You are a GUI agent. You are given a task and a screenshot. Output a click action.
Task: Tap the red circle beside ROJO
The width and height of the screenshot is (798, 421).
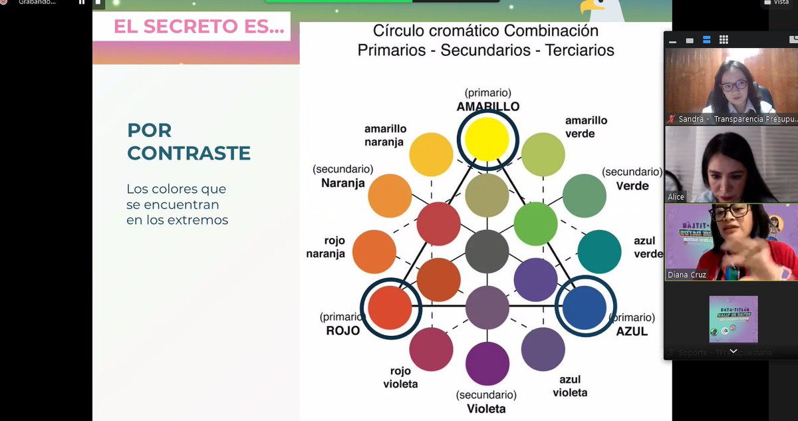point(390,307)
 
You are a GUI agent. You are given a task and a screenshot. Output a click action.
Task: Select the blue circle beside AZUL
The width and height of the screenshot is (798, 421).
point(585,307)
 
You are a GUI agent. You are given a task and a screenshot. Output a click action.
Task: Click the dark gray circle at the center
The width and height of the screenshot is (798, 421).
point(487,251)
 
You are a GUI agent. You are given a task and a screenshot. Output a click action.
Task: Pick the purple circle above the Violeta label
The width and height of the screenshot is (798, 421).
point(487,363)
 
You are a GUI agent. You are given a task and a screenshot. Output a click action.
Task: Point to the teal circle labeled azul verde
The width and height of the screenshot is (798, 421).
point(599,251)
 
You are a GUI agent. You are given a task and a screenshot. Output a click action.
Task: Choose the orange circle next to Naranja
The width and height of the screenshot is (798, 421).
point(390,196)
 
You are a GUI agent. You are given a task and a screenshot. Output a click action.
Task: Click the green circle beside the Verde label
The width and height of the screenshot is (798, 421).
point(585,196)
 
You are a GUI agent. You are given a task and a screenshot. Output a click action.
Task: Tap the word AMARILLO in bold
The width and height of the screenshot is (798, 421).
point(487,106)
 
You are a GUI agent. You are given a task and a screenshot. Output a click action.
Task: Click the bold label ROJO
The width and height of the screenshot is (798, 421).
point(343,331)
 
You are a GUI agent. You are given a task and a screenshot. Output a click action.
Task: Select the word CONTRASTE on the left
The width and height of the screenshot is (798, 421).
point(189,153)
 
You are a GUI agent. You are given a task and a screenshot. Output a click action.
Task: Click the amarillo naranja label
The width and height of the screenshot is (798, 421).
point(385,135)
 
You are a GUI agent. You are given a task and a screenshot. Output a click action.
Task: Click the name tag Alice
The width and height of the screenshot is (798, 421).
point(676,197)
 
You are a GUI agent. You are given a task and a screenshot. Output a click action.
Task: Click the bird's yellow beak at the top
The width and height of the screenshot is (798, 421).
point(585,8)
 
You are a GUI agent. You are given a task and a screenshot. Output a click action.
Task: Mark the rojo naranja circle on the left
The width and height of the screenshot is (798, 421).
point(374,251)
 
